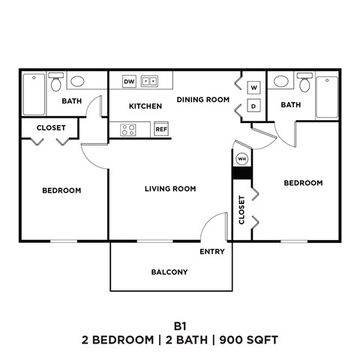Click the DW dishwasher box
click(129, 81)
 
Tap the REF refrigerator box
click(160, 129)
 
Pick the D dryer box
click(253, 106)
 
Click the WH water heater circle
click(241, 159)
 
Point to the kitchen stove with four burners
click(127, 129)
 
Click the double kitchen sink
click(150, 81)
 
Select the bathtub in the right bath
click(327, 97)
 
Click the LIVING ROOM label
click(170, 189)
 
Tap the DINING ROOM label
click(202, 99)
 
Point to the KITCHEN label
click(145, 106)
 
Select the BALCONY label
click(169, 272)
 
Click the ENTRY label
click(211, 252)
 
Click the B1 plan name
click(179, 325)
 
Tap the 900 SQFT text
click(249, 340)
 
